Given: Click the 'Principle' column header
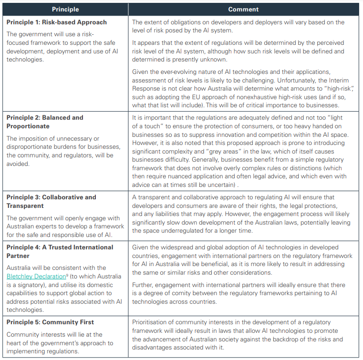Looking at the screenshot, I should click(x=65, y=9).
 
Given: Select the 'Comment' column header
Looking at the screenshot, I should click(x=243, y=9).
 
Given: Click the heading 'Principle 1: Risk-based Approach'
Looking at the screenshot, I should click(x=57, y=22).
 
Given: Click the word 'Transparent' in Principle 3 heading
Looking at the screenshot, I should click(x=26, y=206).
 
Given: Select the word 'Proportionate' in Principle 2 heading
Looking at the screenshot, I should click(x=29, y=126).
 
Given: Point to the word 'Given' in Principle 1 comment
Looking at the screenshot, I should click(x=141, y=72).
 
